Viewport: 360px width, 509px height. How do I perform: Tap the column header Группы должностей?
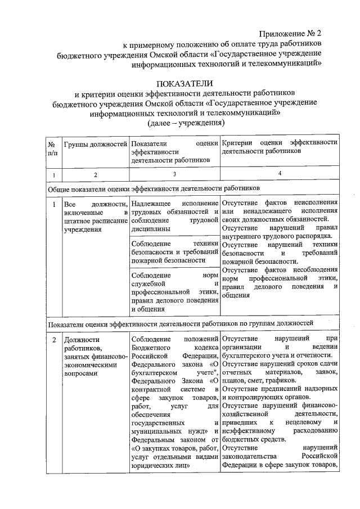coord(95,144)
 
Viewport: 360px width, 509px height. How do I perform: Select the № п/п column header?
coord(52,148)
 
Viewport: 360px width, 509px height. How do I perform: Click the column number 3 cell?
coord(174,174)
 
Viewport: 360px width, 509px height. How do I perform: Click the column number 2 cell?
coord(95,174)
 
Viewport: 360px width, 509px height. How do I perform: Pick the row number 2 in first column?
coord(53,340)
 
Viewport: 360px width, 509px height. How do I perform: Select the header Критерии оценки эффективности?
coord(280,148)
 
